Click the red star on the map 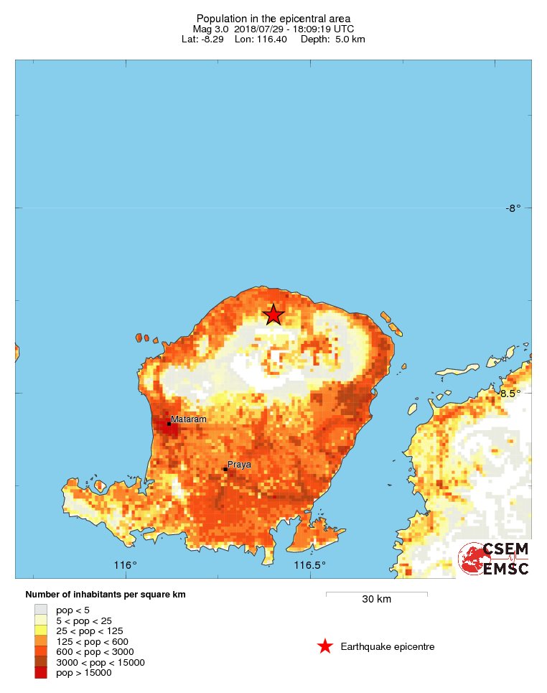click(x=273, y=315)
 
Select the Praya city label click(x=239, y=465)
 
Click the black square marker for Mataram click(x=169, y=424)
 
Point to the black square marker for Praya click(x=225, y=470)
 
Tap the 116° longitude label click(x=126, y=565)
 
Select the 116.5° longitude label click(x=310, y=565)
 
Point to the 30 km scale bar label click(x=376, y=600)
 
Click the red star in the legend click(x=325, y=646)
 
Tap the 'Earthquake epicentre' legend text click(x=388, y=647)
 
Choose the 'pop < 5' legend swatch click(x=41, y=610)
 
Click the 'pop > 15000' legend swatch click(x=41, y=673)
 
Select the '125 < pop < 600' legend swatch click(x=41, y=641)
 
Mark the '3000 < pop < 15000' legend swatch click(x=41, y=662)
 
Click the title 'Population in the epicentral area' click(x=273, y=18)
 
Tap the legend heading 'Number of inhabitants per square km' click(x=106, y=595)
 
